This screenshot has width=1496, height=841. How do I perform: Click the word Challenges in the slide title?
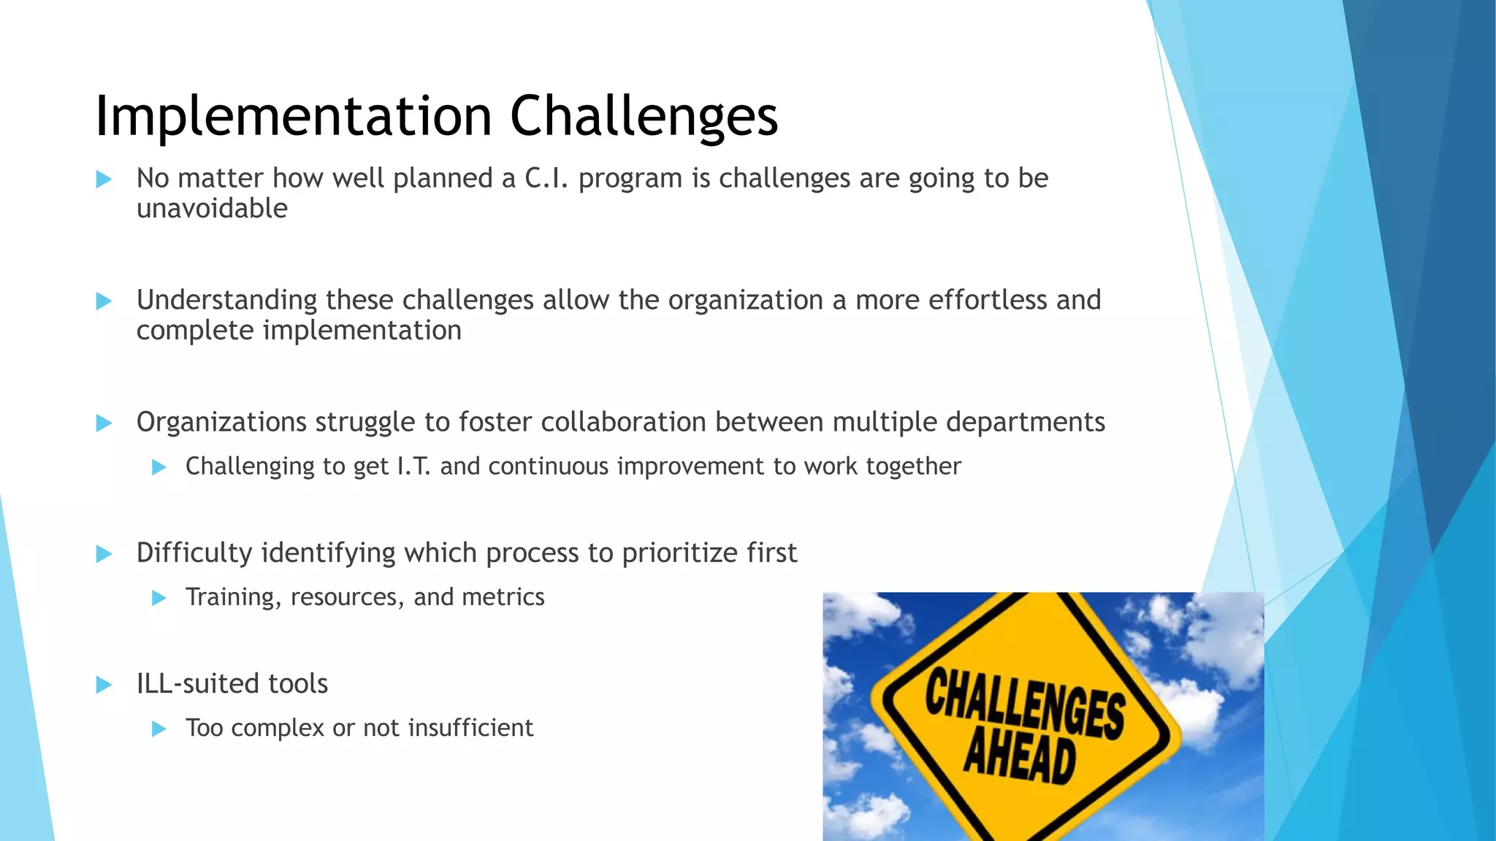click(x=644, y=117)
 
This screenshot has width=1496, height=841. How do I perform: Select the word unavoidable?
click(x=212, y=209)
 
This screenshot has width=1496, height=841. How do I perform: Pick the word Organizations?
click(x=221, y=423)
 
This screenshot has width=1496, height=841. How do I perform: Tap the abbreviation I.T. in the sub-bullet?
click(x=413, y=466)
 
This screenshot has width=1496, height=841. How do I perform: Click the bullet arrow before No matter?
click(x=104, y=179)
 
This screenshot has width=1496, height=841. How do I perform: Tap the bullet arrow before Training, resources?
click(x=159, y=598)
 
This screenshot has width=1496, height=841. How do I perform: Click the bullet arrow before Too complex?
click(x=159, y=729)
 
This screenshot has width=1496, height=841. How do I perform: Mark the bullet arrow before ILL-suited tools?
click(x=104, y=685)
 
